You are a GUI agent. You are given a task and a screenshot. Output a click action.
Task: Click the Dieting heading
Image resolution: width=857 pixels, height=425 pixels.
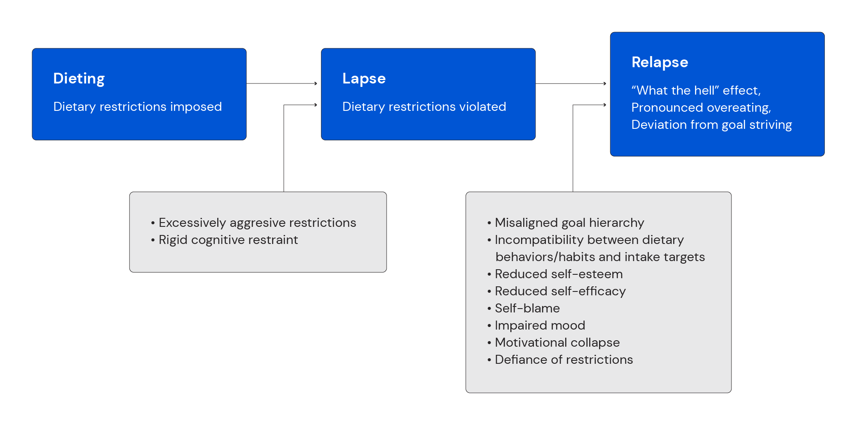pyautogui.click(x=79, y=79)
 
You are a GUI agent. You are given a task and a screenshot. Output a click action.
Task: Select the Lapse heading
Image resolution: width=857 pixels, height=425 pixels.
pyautogui.click(x=364, y=79)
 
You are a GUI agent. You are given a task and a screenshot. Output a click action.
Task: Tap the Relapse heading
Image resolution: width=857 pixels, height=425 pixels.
pyautogui.click(x=659, y=62)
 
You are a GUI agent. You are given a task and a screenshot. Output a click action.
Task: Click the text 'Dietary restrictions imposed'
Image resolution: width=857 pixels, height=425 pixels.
pyautogui.click(x=138, y=107)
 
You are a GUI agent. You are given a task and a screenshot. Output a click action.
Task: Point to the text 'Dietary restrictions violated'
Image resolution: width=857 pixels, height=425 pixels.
pyautogui.click(x=424, y=107)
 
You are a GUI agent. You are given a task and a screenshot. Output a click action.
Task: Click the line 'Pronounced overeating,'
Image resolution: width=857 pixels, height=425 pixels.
pyautogui.click(x=701, y=107)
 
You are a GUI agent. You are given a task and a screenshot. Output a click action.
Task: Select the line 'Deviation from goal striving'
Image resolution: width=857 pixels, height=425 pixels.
pyautogui.click(x=711, y=125)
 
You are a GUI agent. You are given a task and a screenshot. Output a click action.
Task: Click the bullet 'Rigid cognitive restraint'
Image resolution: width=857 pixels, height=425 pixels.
pyautogui.click(x=228, y=240)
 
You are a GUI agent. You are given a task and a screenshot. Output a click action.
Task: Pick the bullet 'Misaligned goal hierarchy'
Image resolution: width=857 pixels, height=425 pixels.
pyautogui.click(x=569, y=223)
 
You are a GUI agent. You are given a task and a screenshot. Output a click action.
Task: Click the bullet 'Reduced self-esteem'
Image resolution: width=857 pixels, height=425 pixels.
pyautogui.click(x=558, y=274)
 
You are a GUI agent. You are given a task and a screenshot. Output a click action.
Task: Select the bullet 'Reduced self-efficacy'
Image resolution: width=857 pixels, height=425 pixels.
pyautogui.click(x=560, y=291)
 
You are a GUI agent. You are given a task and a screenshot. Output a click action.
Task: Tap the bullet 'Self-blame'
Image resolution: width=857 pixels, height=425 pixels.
pyautogui.click(x=527, y=308)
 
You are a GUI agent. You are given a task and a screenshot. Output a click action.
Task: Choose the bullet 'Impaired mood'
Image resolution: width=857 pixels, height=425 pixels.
pyautogui.click(x=539, y=325)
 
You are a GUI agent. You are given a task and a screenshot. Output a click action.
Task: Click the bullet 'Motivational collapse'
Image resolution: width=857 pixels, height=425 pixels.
pyautogui.click(x=557, y=342)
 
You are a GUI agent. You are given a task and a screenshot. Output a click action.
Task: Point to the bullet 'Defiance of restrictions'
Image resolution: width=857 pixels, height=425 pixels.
pyautogui.click(x=563, y=360)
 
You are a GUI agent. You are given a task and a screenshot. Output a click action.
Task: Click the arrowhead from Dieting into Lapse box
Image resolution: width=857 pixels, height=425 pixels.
pyautogui.click(x=316, y=83)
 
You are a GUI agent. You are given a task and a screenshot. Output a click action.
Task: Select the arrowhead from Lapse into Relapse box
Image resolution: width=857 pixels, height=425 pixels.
pyautogui.click(x=605, y=83)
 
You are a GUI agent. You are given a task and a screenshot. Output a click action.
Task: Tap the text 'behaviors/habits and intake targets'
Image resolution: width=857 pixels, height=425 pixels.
pyautogui.click(x=600, y=257)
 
